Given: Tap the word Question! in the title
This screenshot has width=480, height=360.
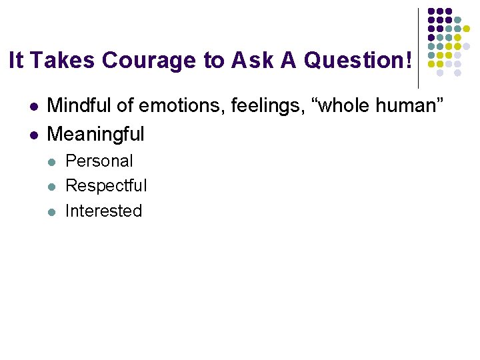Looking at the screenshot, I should click(x=357, y=61).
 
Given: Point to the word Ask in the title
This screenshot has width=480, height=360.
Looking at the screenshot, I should click(x=253, y=61).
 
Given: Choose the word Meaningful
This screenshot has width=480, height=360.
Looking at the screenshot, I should click(x=96, y=134).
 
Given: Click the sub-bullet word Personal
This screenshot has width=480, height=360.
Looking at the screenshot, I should click(x=99, y=161).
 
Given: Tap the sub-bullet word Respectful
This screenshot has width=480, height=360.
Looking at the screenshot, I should click(x=106, y=185).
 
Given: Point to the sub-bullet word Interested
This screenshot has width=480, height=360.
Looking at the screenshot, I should click(x=104, y=211).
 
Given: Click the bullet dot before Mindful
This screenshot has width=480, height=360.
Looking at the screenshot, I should click(x=33, y=106).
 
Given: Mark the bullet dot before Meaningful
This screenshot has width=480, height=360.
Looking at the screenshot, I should click(x=33, y=135).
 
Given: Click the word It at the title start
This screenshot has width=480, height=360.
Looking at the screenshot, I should click(x=17, y=61).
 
